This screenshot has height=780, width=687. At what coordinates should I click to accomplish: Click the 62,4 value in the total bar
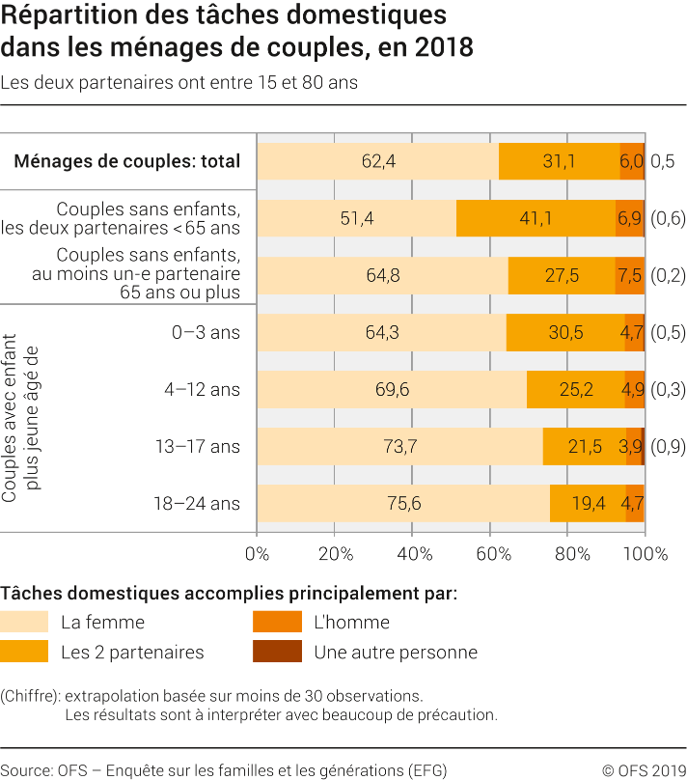(378, 161)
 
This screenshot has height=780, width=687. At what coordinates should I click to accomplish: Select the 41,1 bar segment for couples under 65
(536, 218)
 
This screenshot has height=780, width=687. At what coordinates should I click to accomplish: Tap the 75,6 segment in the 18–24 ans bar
(403, 503)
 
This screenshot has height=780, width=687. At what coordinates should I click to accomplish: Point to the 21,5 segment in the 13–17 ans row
(585, 446)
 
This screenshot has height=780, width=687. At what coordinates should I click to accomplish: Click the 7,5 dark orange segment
(629, 275)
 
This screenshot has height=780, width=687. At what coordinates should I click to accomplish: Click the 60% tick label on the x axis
(490, 554)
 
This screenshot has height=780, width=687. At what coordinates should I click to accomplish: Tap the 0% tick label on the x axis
(257, 554)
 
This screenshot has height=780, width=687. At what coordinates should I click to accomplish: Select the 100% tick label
(645, 554)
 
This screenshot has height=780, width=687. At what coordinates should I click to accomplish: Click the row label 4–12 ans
(206, 389)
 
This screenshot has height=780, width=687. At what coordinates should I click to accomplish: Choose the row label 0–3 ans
(206, 332)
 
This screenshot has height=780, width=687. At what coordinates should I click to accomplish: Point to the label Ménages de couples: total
(126, 161)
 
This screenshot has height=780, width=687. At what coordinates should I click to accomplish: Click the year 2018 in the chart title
(442, 46)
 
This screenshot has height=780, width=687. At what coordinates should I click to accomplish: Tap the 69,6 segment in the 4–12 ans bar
(392, 389)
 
